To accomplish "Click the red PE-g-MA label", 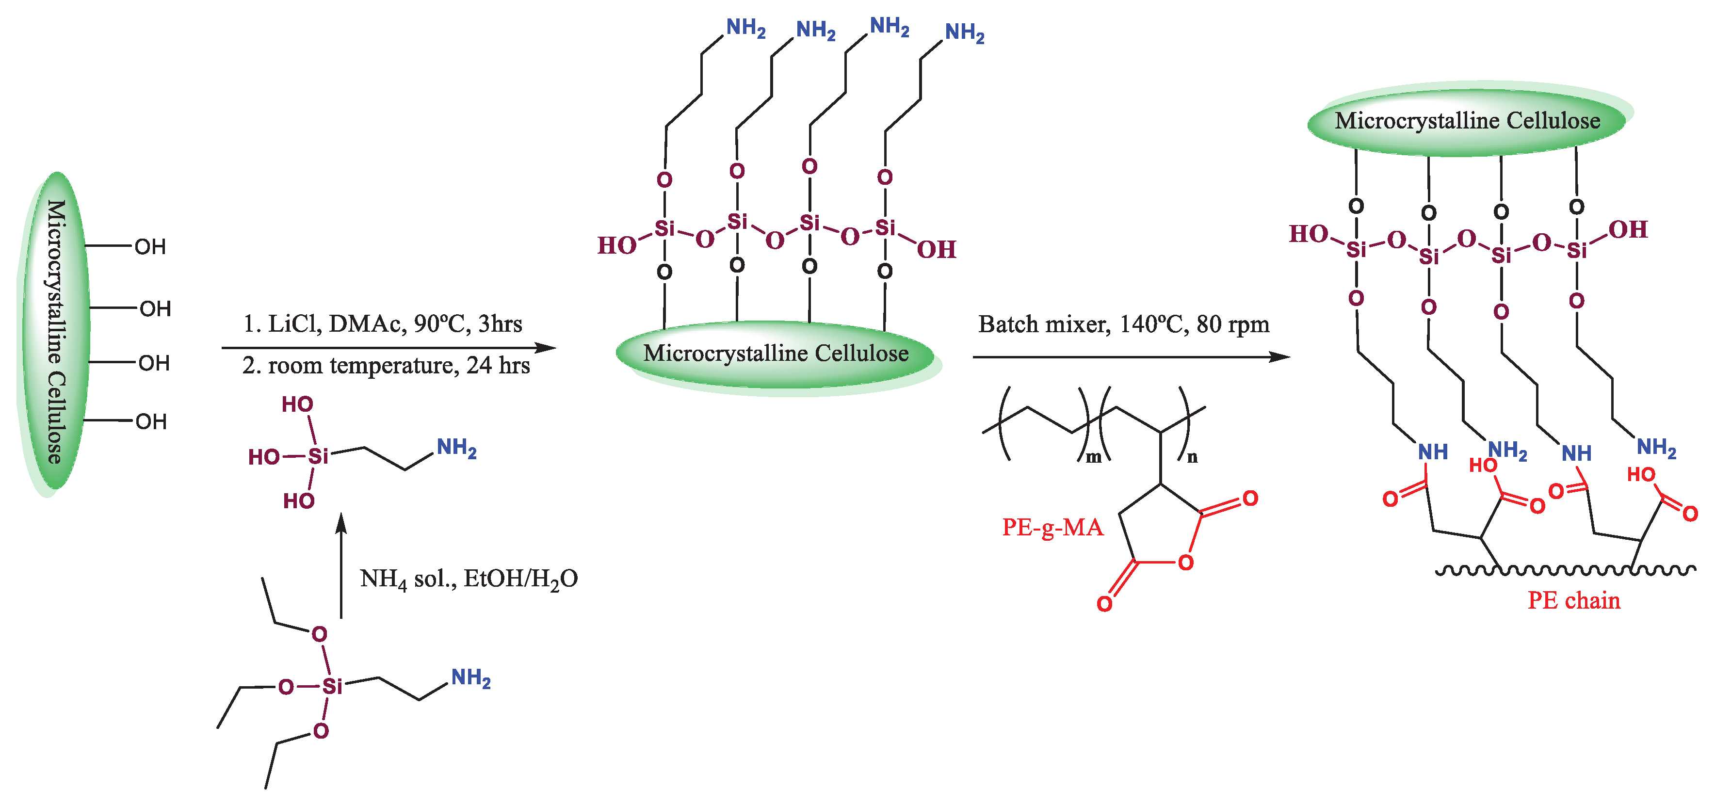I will click(1052, 527).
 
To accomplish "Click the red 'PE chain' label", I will click(1573, 600).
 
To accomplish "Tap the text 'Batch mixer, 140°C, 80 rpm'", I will click(1123, 324).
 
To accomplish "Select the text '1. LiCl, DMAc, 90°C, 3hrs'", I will click(382, 323).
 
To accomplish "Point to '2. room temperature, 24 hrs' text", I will click(386, 365).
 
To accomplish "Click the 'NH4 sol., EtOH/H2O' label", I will click(469, 579).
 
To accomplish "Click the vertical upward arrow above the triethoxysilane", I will click(341, 566).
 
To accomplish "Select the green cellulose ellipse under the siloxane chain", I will click(776, 355).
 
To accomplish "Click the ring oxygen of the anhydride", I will click(1186, 563).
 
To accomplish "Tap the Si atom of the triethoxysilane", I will click(332, 686).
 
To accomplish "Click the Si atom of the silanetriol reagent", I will click(318, 456).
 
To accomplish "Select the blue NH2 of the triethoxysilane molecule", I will click(470, 677).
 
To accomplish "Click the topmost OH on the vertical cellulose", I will click(150, 247).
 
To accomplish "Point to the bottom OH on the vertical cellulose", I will click(151, 421).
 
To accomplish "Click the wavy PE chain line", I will click(1565, 570).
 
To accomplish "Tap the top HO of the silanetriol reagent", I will click(297, 404).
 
